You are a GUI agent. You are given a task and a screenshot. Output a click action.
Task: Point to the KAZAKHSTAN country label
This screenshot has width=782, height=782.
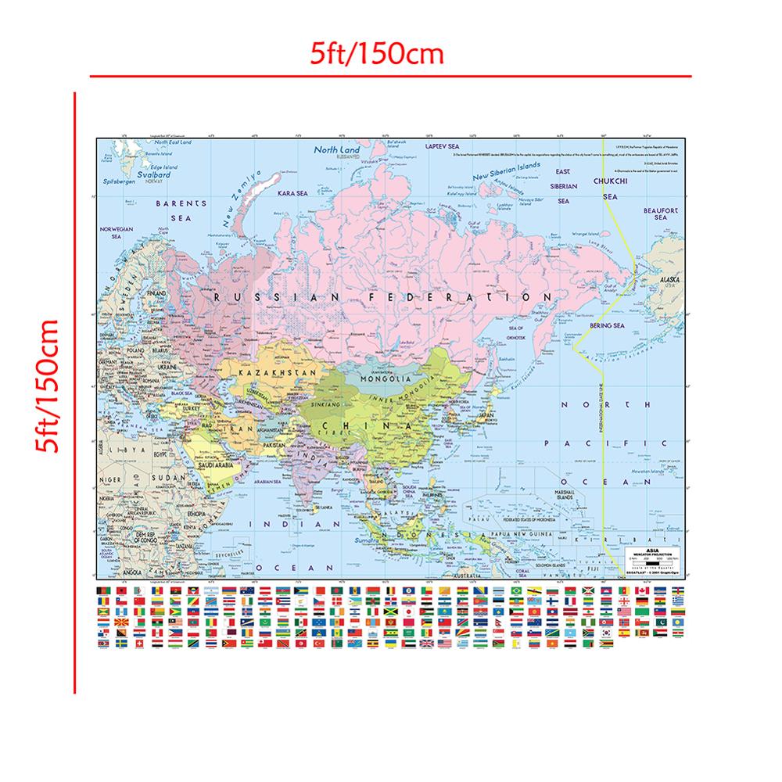click(x=270, y=374)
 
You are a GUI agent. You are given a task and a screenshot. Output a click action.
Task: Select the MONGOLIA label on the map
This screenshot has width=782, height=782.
click(x=383, y=379)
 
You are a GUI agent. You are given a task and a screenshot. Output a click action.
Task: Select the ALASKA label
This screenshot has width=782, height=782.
click(x=669, y=279)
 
